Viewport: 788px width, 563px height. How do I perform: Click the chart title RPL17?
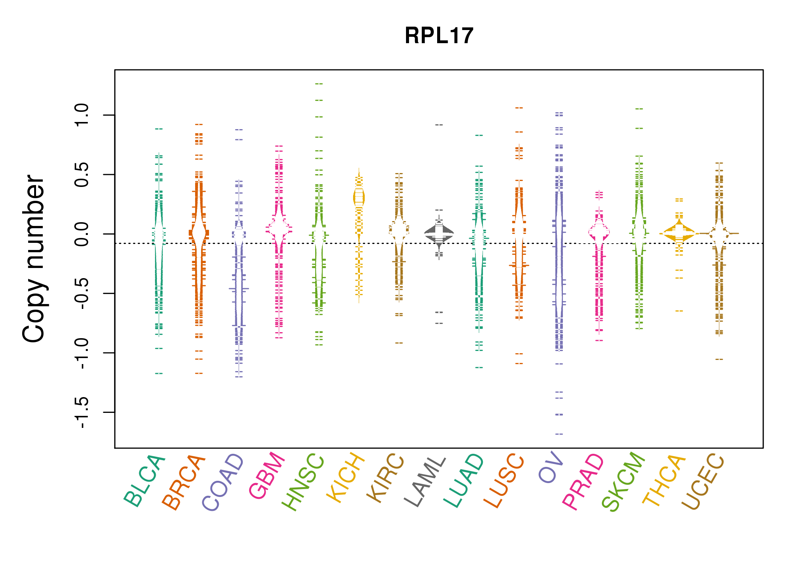click(x=439, y=36)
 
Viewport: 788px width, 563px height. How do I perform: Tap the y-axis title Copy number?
click(x=34, y=259)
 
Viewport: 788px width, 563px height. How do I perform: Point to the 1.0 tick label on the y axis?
click(x=82, y=115)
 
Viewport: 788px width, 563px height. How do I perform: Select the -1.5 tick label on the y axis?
click(x=82, y=412)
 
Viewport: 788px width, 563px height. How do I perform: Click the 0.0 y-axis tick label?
click(x=82, y=234)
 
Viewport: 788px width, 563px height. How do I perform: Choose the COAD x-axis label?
click(x=223, y=482)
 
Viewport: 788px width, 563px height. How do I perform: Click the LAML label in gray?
click(x=425, y=481)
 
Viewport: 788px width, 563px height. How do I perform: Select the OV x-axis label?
click(x=551, y=468)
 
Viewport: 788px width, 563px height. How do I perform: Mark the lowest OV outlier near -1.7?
click(x=559, y=434)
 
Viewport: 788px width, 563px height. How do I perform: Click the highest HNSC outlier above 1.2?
click(x=319, y=84)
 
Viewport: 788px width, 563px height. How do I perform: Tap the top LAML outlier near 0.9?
click(x=439, y=125)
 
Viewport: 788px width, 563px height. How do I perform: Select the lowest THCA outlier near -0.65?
click(x=679, y=311)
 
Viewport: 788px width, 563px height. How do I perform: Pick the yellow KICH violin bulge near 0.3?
click(x=359, y=197)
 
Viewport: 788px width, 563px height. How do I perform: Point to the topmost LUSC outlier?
click(x=519, y=108)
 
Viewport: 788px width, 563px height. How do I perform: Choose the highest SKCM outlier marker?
click(x=639, y=109)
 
